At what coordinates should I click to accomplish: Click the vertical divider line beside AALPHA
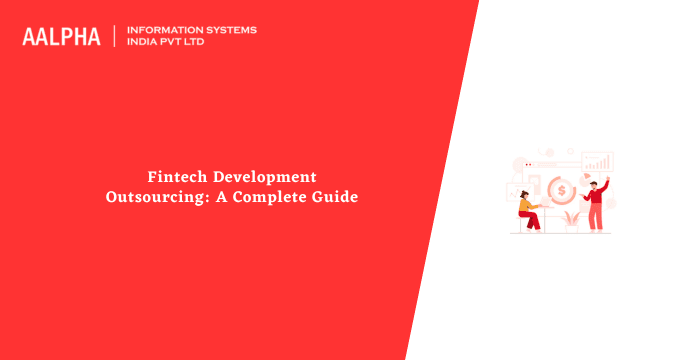coord(115,36)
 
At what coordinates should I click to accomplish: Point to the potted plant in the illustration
coord(572,217)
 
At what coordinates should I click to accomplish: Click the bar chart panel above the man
coord(597,161)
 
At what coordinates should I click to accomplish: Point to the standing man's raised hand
coord(606,177)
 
